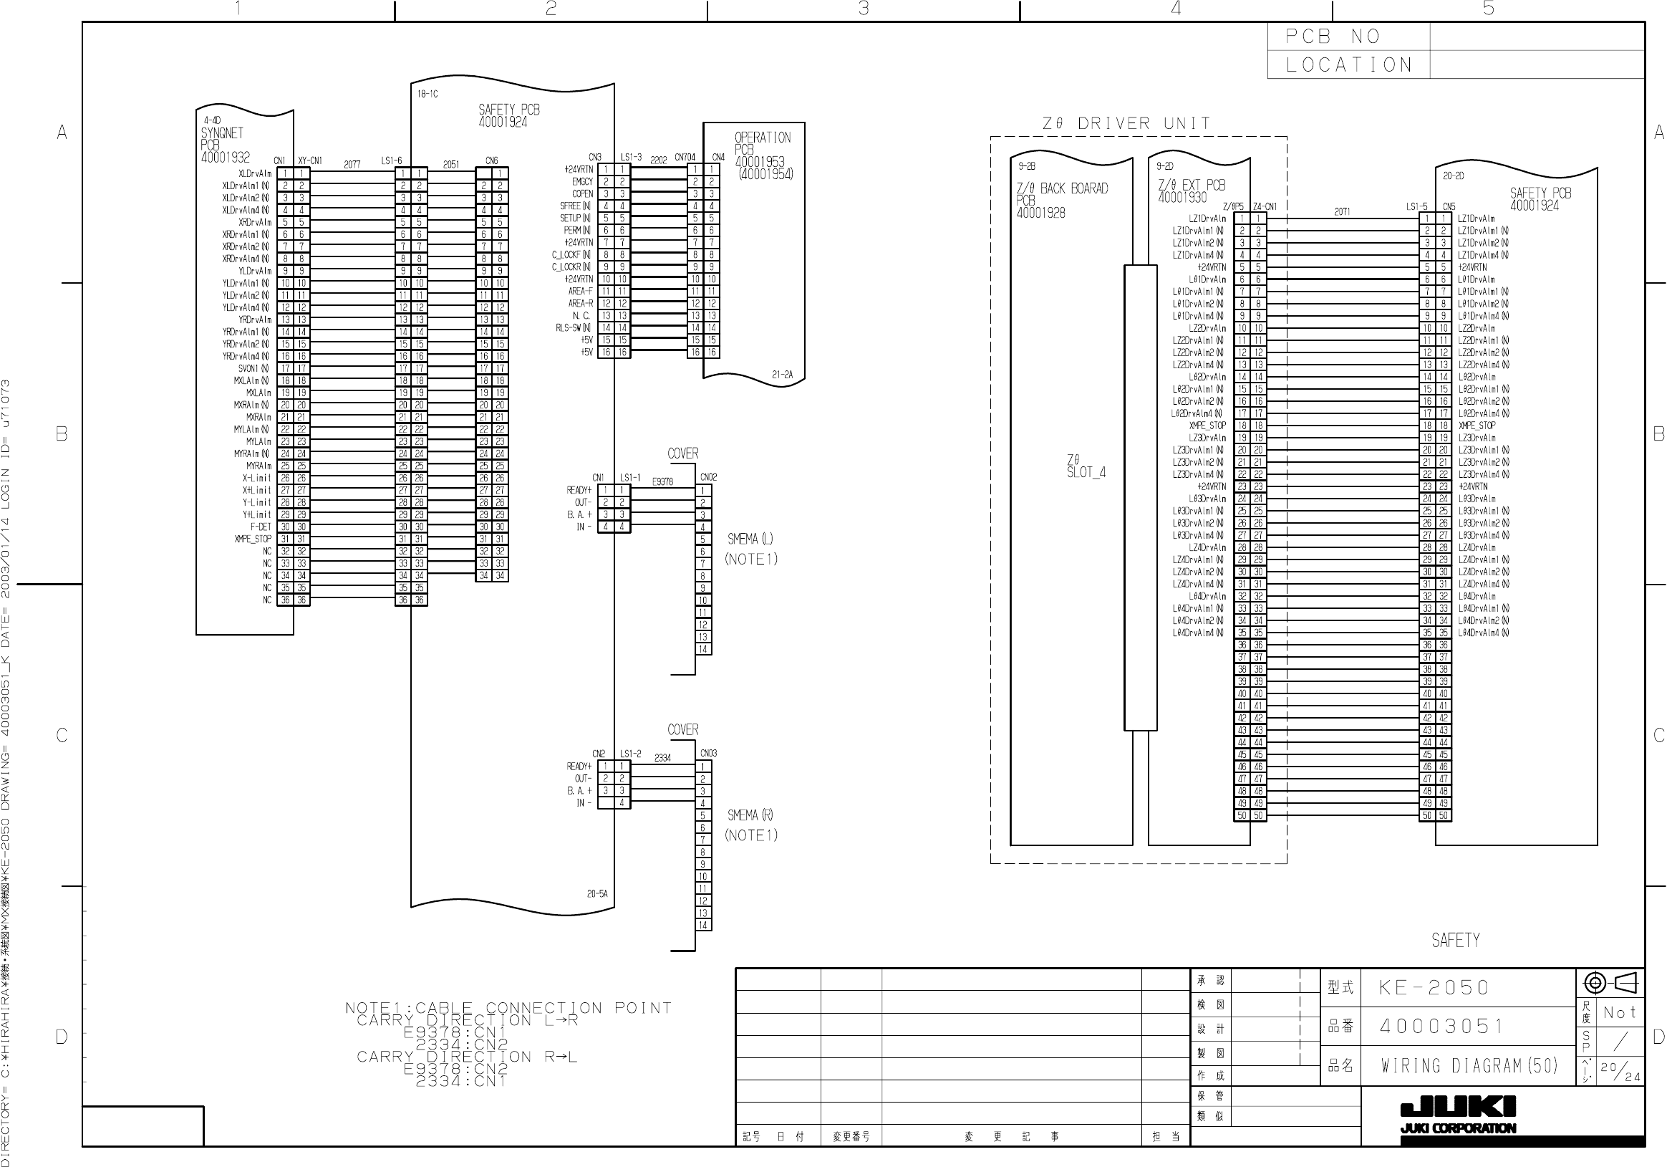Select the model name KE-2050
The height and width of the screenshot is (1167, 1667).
[x=1434, y=988]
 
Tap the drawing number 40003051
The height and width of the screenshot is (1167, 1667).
[x=1441, y=1026]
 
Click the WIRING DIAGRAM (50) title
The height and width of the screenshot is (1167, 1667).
[x=1469, y=1065]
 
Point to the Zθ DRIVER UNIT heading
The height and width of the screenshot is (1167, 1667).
[x=1126, y=123]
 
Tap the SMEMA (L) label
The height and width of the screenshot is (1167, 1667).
[x=750, y=539]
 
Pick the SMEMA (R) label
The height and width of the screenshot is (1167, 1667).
[x=750, y=815]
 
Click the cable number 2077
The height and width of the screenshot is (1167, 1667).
[x=352, y=165]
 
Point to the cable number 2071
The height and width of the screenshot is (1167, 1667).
[x=1342, y=211]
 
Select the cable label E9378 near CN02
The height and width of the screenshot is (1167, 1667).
[x=662, y=481]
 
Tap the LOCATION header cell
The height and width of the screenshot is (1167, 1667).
[x=1348, y=64]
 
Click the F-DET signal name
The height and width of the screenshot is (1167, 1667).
[x=261, y=527]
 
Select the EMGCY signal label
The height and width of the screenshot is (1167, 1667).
[x=582, y=181]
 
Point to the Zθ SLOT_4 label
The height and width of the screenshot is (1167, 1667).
[x=1086, y=466]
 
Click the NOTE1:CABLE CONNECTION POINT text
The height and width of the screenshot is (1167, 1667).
[x=508, y=1007]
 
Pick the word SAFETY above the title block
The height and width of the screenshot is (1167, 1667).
[x=1455, y=941]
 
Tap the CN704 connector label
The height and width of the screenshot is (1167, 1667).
[x=685, y=157]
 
